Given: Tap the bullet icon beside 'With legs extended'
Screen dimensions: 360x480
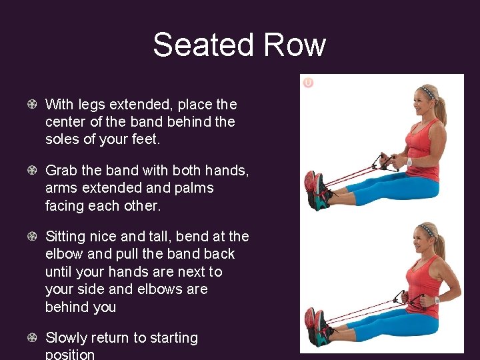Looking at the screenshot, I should tap(32, 105).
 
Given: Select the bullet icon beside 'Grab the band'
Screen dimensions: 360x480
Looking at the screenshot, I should tap(32, 171).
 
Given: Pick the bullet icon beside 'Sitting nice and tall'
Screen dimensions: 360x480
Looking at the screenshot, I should tap(32, 237).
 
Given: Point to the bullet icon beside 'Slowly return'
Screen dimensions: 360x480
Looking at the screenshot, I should tap(32, 338).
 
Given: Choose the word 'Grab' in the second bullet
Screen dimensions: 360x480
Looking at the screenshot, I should tap(61, 171).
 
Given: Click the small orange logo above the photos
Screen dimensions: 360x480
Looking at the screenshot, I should tap(307, 83).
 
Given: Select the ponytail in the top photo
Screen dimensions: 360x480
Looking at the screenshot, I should tap(441, 109).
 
